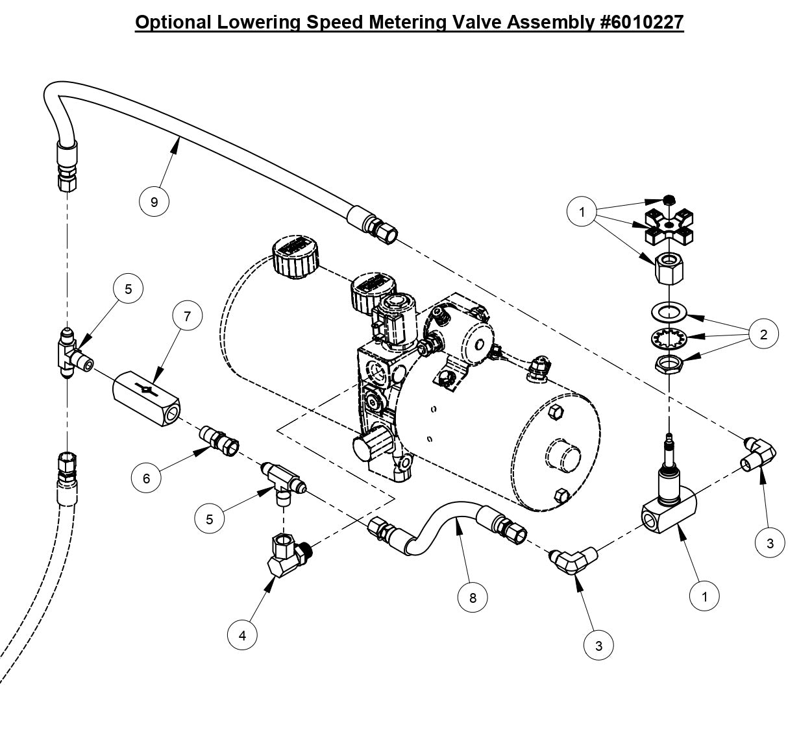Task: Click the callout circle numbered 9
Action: tap(154, 202)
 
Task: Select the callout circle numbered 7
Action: tap(188, 316)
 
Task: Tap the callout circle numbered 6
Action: tap(146, 478)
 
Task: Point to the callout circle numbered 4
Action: tap(243, 635)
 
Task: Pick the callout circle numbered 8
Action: tap(473, 598)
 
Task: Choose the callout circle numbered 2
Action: tap(763, 334)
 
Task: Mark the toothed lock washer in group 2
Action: tap(669, 337)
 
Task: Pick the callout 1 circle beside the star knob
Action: tap(582, 212)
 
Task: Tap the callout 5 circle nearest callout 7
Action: tap(128, 289)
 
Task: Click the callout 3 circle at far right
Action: tap(770, 544)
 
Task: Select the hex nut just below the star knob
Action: tap(669, 267)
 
